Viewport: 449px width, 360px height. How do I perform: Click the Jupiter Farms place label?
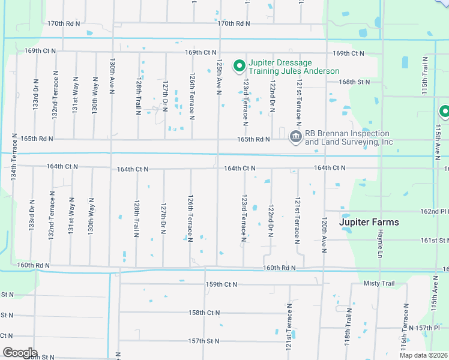[x=369, y=222]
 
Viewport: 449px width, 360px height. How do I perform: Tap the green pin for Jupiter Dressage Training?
[x=238, y=65]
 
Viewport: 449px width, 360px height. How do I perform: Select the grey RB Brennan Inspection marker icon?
[x=295, y=137]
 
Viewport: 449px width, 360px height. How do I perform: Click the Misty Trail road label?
[x=379, y=283]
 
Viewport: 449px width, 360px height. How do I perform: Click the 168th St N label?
[x=355, y=82]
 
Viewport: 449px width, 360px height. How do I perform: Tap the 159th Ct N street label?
[x=221, y=284]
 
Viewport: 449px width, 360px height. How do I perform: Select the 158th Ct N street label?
[x=204, y=313]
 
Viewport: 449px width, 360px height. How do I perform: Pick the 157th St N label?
[x=203, y=341]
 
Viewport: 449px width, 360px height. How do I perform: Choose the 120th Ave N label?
[x=324, y=235]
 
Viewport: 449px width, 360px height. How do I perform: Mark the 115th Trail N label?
[x=424, y=74]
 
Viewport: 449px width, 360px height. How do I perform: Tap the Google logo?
[x=20, y=353]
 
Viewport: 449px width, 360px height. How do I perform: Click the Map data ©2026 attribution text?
[x=423, y=355]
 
